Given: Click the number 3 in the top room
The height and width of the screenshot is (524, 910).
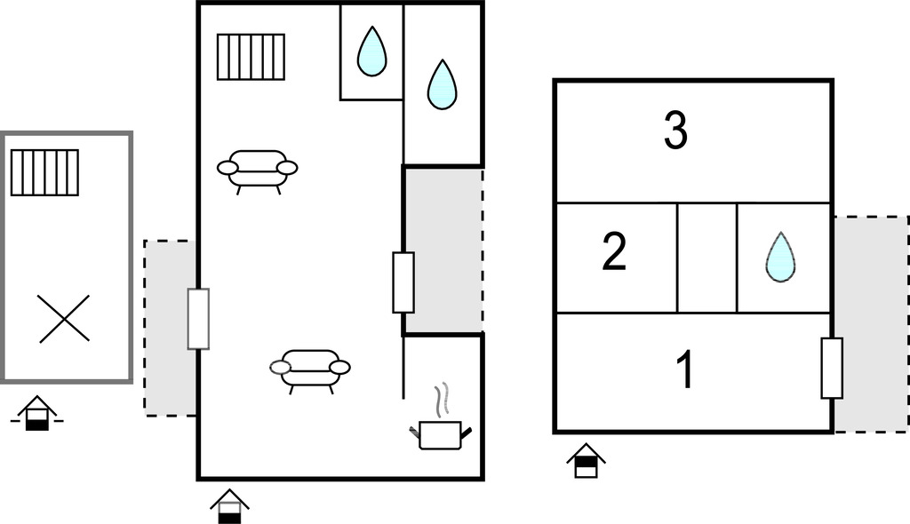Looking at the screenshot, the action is click(675, 131).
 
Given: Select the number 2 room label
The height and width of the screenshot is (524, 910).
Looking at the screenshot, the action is click(615, 251).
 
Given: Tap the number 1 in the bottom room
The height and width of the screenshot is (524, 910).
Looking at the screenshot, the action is click(685, 370).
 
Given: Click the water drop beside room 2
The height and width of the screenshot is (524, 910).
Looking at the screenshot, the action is click(780, 257).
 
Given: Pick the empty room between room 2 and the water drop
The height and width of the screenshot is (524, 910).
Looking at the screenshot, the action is click(706, 258).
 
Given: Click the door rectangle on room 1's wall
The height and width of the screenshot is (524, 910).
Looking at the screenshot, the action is click(832, 368).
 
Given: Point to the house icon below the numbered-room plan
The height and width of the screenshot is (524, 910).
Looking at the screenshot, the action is click(587, 461).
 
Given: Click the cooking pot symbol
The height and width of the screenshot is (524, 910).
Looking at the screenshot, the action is click(441, 435).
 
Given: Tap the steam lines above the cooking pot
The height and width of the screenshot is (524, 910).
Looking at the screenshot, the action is click(443, 399).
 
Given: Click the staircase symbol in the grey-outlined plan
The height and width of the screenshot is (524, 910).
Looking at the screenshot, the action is click(44, 172).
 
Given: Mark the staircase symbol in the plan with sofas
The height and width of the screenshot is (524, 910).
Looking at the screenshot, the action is click(251, 57).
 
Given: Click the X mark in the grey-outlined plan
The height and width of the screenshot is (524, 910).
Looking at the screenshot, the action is click(64, 319).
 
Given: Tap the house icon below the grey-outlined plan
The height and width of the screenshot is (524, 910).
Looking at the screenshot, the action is click(37, 413).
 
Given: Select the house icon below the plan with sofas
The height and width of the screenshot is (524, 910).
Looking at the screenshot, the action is click(230, 506).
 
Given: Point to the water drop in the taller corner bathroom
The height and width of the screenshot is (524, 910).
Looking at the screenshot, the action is click(443, 84).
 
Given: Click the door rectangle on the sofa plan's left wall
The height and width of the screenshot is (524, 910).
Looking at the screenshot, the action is click(198, 319).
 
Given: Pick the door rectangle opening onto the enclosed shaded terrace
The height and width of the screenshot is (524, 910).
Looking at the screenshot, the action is click(403, 282).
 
